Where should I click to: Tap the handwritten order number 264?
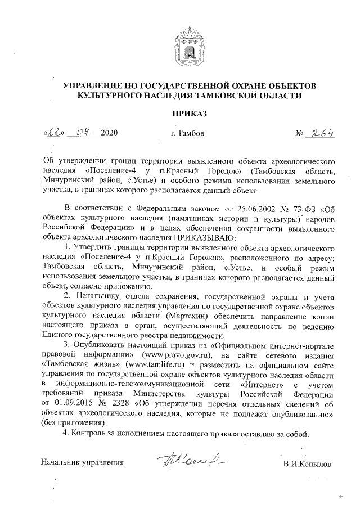pyautogui.click(x=321, y=133)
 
